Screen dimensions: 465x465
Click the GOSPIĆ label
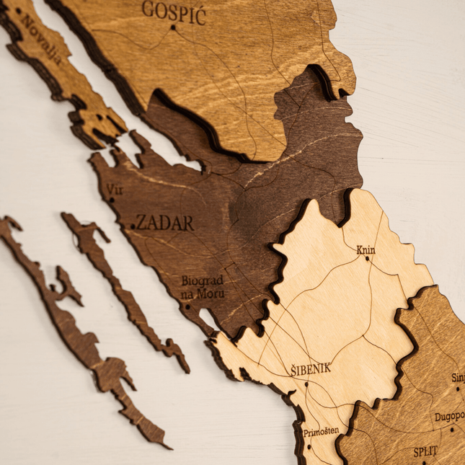point(174,12)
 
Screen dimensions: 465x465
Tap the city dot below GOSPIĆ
point(173,27)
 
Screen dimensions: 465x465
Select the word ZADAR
point(165,223)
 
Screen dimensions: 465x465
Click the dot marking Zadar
point(133,227)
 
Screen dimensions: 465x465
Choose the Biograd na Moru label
point(203,286)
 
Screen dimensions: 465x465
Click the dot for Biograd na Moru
point(187,306)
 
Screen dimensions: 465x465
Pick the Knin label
point(366,250)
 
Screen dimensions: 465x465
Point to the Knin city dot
point(367,259)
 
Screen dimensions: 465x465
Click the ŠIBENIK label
point(311,368)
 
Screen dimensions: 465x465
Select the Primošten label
point(321,431)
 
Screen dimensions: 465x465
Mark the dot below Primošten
point(309,446)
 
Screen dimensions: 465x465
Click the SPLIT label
point(425,452)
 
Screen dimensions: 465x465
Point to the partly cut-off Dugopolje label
point(449,417)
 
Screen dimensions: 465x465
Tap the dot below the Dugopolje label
point(452,430)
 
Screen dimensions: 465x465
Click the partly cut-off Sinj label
point(458,377)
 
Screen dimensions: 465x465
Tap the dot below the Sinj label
point(457,389)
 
